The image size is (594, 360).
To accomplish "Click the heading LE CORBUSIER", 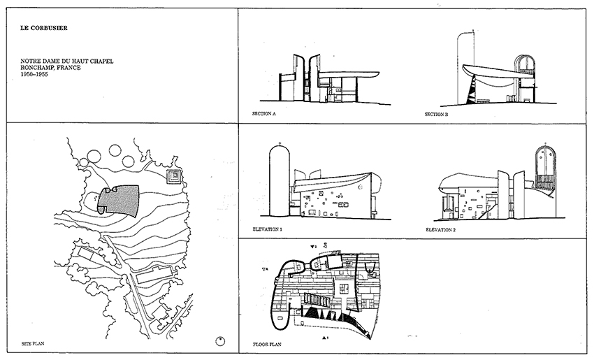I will click(x=44, y=29).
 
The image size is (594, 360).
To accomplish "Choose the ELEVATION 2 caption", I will click(x=442, y=229).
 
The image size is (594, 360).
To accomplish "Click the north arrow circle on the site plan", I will click(x=219, y=341).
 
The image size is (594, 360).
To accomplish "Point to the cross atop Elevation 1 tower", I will click(x=279, y=145).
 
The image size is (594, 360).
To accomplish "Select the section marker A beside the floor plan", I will click(x=264, y=269).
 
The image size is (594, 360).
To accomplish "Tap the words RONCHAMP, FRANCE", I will click(x=51, y=67).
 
